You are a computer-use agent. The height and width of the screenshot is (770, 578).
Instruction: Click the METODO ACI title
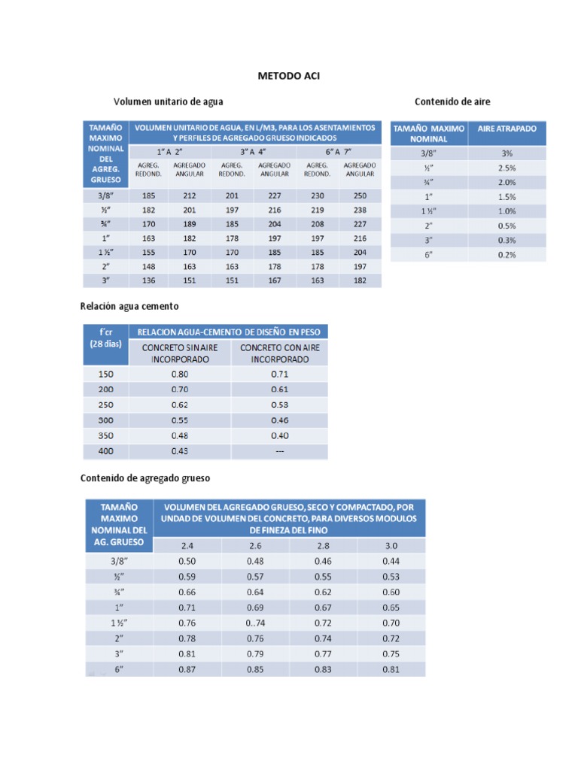click(x=288, y=76)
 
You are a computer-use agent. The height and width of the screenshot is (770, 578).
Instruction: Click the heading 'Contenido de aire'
click(x=452, y=101)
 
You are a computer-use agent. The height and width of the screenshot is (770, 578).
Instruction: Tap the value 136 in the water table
click(x=148, y=281)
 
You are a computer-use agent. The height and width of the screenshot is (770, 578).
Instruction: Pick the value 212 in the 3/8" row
click(x=189, y=196)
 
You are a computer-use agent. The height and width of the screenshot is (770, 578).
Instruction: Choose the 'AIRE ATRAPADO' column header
click(x=507, y=129)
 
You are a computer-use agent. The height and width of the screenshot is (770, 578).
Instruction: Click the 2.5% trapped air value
click(x=507, y=168)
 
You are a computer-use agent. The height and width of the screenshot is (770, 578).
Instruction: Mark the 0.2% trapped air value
click(x=507, y=254)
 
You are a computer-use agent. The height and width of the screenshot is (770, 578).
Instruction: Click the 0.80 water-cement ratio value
click(x=179, y=373)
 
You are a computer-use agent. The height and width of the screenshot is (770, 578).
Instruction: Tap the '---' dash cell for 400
click(x=279, y=451)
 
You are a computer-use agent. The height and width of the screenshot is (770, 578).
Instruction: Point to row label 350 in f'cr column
click(x=106, y=435)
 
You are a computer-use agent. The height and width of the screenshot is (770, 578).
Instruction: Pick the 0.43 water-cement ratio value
click(x=179, y=451)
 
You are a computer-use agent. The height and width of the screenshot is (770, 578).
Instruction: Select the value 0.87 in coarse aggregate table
click(x=187, y=668)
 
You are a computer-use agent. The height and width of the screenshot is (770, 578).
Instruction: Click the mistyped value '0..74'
click(x=256, y=622)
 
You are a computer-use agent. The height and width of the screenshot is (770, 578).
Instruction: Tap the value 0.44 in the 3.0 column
click(x=391, y=560)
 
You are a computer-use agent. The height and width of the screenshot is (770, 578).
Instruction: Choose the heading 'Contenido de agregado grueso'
click(x=144, y=477)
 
